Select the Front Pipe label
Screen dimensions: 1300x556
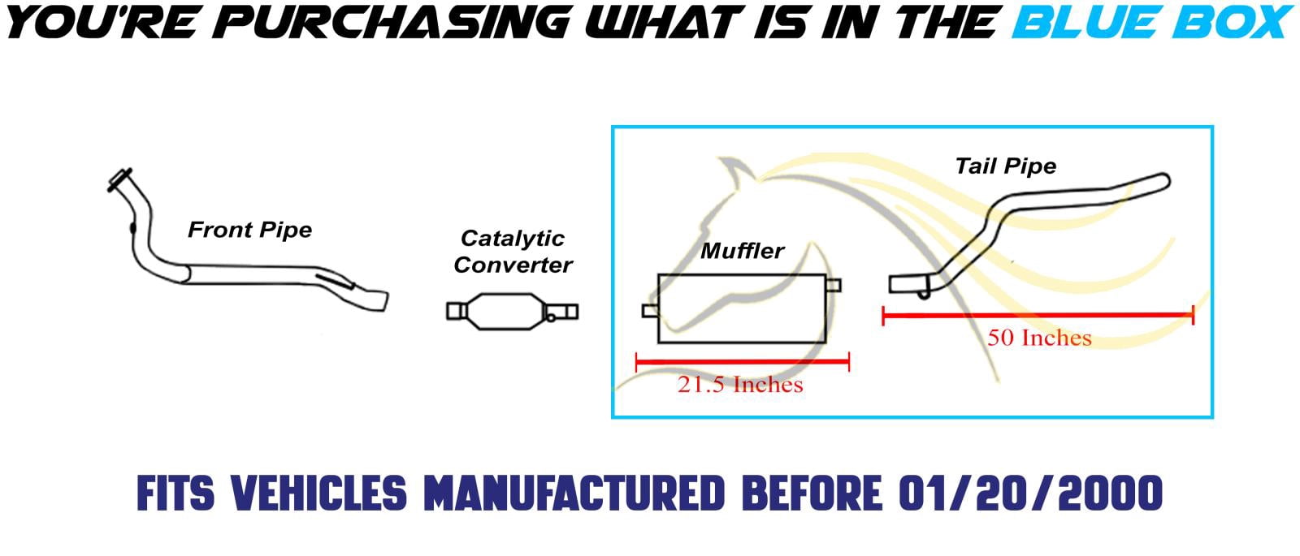pos(249,231)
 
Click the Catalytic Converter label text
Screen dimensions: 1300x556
pos(513,252)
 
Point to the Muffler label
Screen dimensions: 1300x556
pos(743,251)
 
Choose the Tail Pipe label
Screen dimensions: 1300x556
pos(1006,166)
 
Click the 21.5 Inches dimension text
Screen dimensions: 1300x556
pos(740,385)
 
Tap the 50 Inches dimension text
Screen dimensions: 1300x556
pos(1039,338)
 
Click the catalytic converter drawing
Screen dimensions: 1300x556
pos(513,312)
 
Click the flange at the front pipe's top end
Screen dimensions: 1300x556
pos(119,179)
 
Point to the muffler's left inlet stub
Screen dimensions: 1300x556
pos(650,312)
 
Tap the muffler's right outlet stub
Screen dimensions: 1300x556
pos(834,285)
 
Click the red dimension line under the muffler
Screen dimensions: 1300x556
pos(743,362)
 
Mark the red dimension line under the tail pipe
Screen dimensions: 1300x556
pos(1038,316)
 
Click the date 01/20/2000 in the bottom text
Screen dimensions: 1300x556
pos(1030,494)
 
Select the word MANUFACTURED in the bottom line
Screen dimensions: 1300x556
pos(574,494)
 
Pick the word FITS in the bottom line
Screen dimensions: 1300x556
pos(175,494)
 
